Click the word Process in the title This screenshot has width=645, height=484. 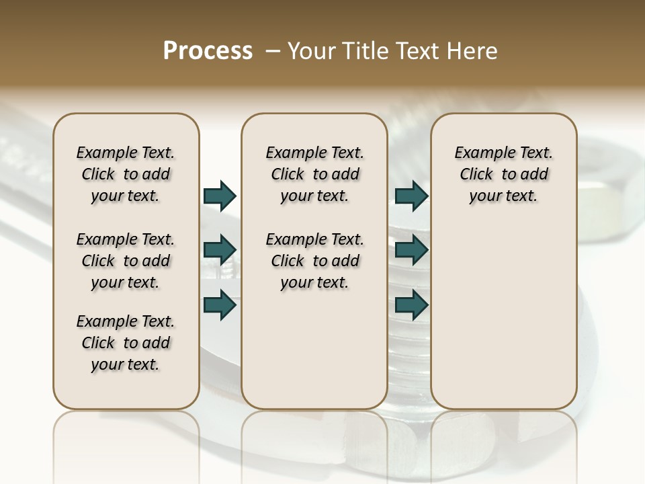(x=208, y=51)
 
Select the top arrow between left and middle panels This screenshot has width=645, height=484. (x=220, y=196)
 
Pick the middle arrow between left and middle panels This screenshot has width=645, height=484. (x=220, y=250)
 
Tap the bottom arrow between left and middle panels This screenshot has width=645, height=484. (x=220, y=305)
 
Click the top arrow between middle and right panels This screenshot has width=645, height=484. (x=411, y=196)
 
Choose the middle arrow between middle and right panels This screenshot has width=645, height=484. (x=411, y=250)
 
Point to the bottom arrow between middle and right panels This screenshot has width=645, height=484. (x=411, y=305)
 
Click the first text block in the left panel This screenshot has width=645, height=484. (x=126, y=174)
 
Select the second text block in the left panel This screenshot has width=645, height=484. (x=126, y=261)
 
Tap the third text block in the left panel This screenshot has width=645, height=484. (x=126, y=343)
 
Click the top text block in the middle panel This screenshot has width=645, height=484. (x=314, y=174)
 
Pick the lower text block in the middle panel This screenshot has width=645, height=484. (x=314, y=261)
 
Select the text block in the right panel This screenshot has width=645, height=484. (x=504, y=174)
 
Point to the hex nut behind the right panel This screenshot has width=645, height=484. (x=605, y=195)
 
